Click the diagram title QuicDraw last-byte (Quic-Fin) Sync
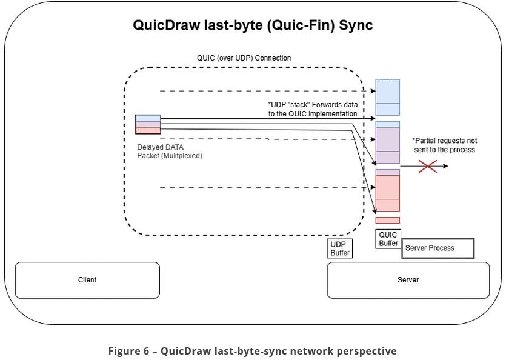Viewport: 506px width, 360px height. coord(253,25)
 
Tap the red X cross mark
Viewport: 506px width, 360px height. coord(428,165)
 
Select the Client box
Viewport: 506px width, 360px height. coord(87,280)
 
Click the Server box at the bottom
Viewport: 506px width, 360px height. coord(408,280)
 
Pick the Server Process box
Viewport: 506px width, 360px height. coord(438,248)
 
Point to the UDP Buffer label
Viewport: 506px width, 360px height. coord(340,248)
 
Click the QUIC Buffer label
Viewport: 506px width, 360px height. coord(388,239)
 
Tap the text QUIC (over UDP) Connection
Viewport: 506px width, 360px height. coord(244,58)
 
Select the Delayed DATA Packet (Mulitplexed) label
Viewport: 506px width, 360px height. coord(169,152)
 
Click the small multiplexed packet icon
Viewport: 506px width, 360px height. coord(148,124)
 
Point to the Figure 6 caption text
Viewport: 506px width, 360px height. coord(253,351)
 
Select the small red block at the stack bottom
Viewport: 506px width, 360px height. coord(388,220)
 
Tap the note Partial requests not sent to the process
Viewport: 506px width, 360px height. coord(445,145)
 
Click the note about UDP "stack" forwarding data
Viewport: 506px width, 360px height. coord(313,109)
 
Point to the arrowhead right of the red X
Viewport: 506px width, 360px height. coord(445,165)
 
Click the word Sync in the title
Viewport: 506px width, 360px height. coord(356,25)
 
